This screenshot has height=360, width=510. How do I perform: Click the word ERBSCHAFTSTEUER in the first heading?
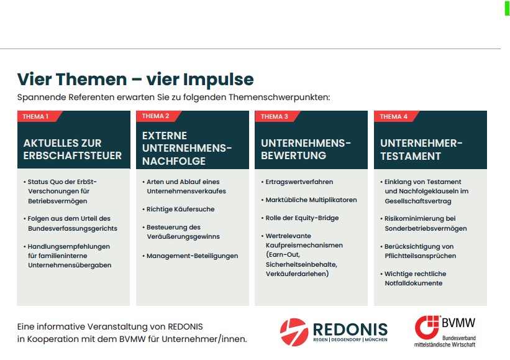coord(73,155)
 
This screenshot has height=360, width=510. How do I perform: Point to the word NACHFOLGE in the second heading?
coord(174,161)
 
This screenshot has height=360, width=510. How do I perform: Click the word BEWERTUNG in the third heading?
coord(293,155)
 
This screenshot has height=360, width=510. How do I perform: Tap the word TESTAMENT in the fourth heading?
coord(411,156)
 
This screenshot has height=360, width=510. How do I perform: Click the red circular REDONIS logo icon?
coord(294,332)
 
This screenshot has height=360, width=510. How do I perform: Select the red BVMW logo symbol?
coord(427,327)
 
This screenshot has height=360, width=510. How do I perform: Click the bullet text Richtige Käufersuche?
coord(181,210)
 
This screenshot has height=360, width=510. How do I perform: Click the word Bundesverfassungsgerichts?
coord(73,229)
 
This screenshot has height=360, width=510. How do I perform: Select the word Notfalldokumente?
coord(413,283)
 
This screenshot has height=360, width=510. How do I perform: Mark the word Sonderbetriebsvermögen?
coord(426,229)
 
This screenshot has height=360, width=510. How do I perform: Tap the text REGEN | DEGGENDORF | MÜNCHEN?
coord(350,340)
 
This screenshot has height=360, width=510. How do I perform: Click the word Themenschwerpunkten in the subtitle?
coord(280,98)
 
